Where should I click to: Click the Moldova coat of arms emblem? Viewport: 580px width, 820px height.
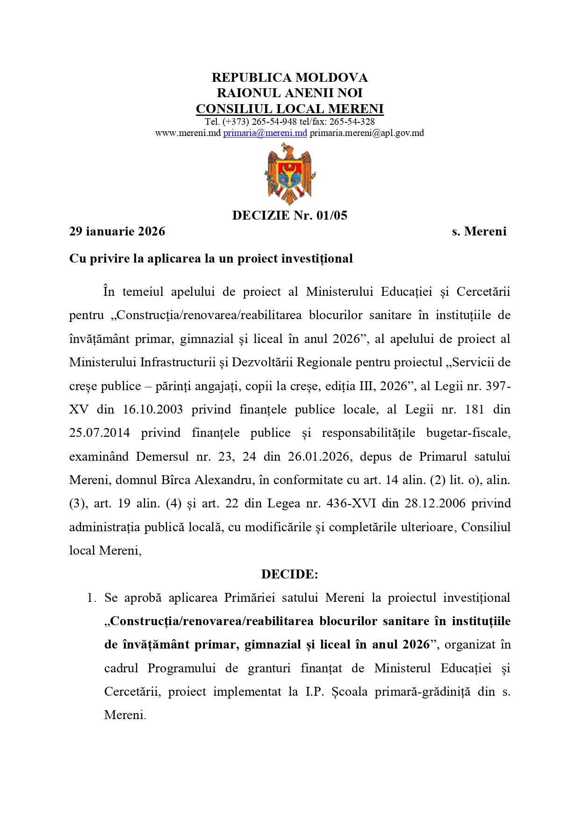(x=290, y=174)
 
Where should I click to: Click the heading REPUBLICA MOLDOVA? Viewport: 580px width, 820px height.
(x=290, y=78)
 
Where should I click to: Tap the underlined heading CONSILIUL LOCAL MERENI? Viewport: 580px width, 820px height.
(x=290, y=109)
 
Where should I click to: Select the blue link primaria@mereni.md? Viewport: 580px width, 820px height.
(x=265, y=133)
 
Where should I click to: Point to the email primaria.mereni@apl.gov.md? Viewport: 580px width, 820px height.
(x=367, y=133)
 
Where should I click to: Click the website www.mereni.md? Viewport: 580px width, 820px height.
(x=187, y=133)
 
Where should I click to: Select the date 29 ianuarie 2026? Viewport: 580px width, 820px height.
(x=117, y=231)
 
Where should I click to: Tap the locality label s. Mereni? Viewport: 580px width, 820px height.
(x=479, y=231)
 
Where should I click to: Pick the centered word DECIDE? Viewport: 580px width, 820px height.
(x=290, y=574)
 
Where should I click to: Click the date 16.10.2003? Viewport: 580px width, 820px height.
(x=153, y=410)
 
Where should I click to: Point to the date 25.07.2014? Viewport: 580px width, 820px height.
(x=100, y=433)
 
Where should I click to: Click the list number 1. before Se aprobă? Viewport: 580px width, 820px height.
(x=92, y=598)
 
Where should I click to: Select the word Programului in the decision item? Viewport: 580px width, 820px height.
(x=182, y=669)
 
